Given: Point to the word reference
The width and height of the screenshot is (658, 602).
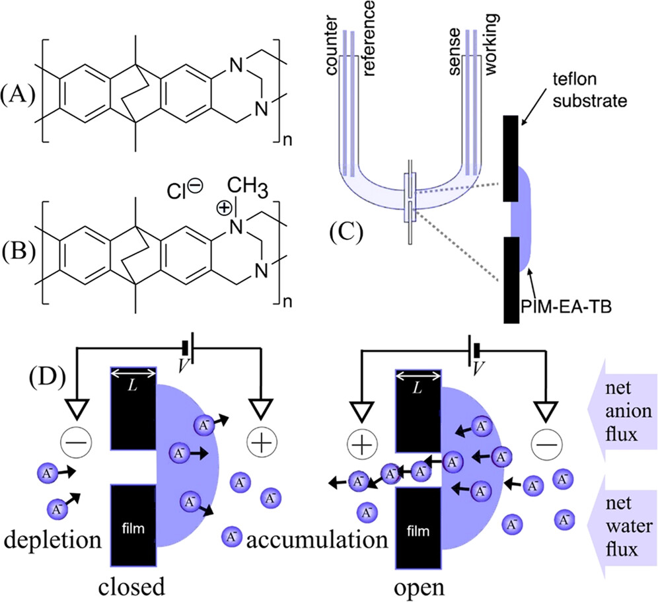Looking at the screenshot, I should (369, 33).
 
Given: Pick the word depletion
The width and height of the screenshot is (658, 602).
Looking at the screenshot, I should (52, 541).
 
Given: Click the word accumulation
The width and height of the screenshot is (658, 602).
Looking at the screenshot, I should (316, 541).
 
